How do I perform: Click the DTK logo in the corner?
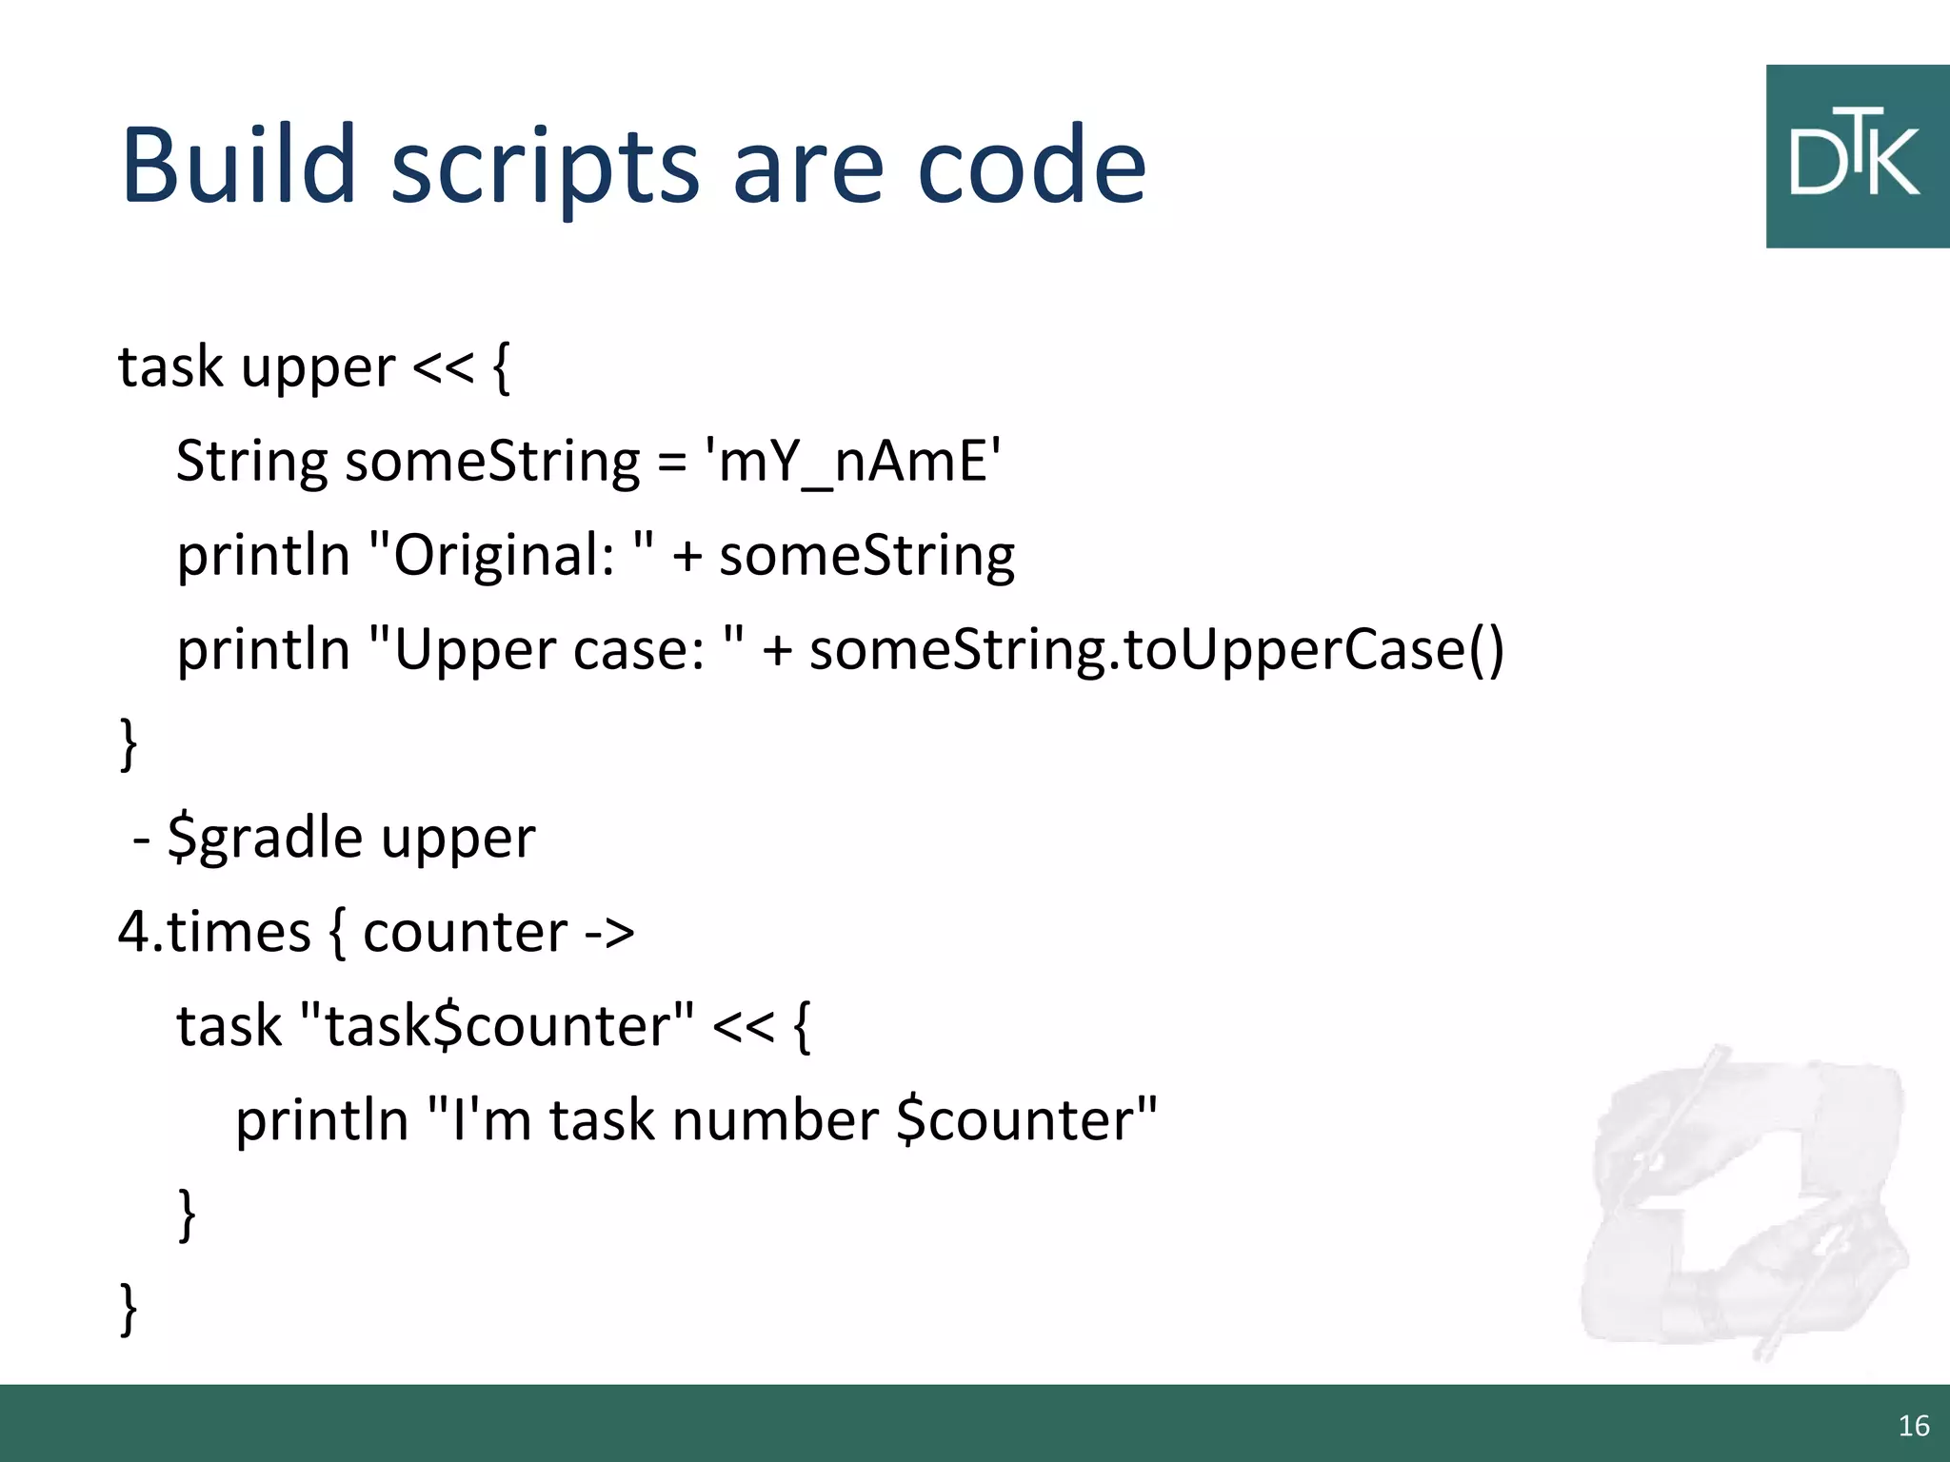pyautogui.click(x=1857, y=157)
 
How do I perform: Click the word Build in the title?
pyautogui.click(x=238, y=167)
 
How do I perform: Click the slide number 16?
pyautogui.click(x=1913, y=1425)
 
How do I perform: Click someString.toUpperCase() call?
pyautogui.click(x=1156, y=650)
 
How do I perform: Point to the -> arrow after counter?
pyautogui.click(x=609, y=932)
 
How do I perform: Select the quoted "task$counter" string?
pyautogui.click(x=496, y=1026)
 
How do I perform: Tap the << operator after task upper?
pyautogui.click(x=443, y=367)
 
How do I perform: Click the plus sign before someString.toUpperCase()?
pyautogui.click(x=778, y=651)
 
